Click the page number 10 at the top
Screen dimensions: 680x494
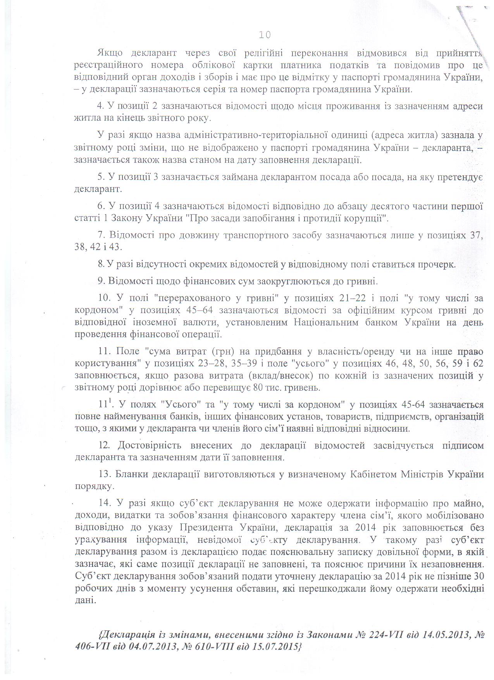coord(265,35)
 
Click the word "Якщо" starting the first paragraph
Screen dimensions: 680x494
coord(110,53)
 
